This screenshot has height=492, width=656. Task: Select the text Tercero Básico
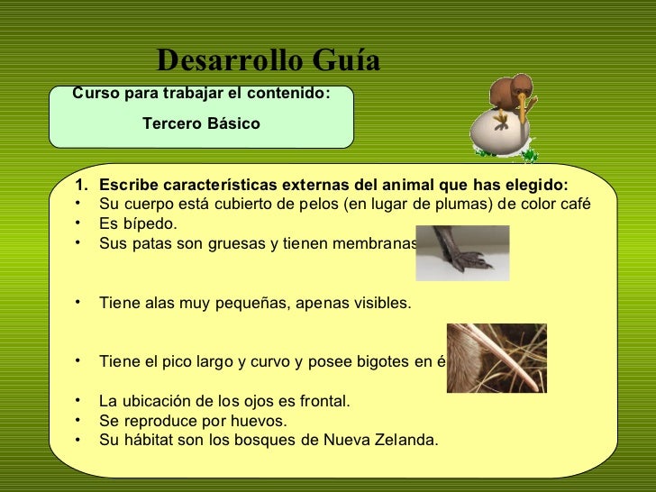click(201, 123)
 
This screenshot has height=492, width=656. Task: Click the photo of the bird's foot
click(462, 253)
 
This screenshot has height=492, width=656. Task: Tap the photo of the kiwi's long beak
click(497, 358)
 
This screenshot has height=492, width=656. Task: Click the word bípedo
click(150, 223)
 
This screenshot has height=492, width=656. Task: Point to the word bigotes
click(383, 362)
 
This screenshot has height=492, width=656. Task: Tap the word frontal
click(323, 401)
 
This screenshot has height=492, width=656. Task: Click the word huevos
click(260, 421)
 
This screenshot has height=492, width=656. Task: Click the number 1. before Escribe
click(82, 185)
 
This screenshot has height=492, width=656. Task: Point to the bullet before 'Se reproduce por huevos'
click(80, 421)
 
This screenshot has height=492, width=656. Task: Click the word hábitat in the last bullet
click(146, 441)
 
